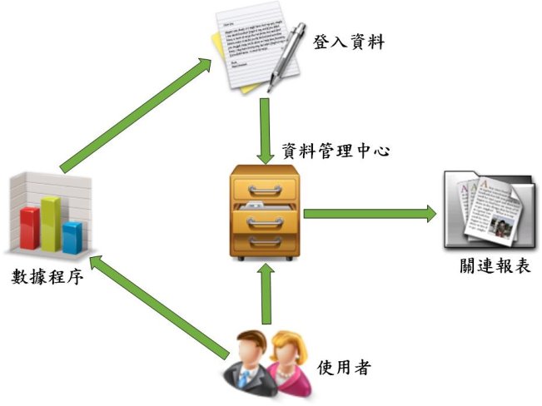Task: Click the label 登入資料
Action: coord(349,42)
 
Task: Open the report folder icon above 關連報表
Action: coord(488,208)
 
